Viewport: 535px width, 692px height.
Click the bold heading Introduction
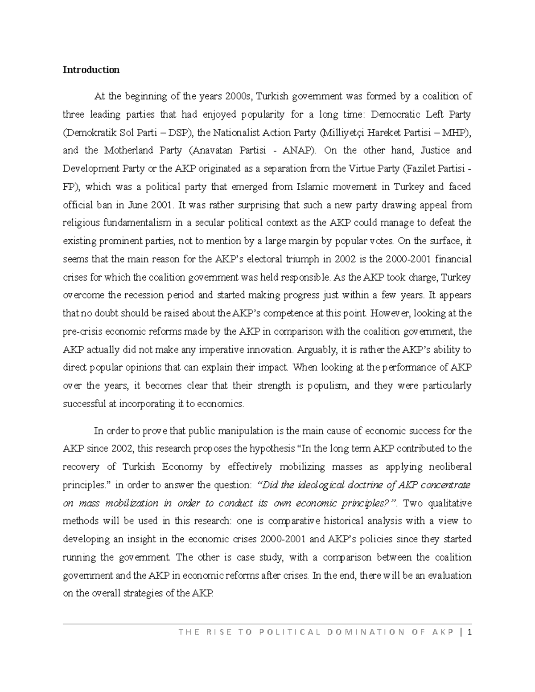click(x=91, y=70)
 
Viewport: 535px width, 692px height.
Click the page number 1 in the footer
click(x=469, y=632)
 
